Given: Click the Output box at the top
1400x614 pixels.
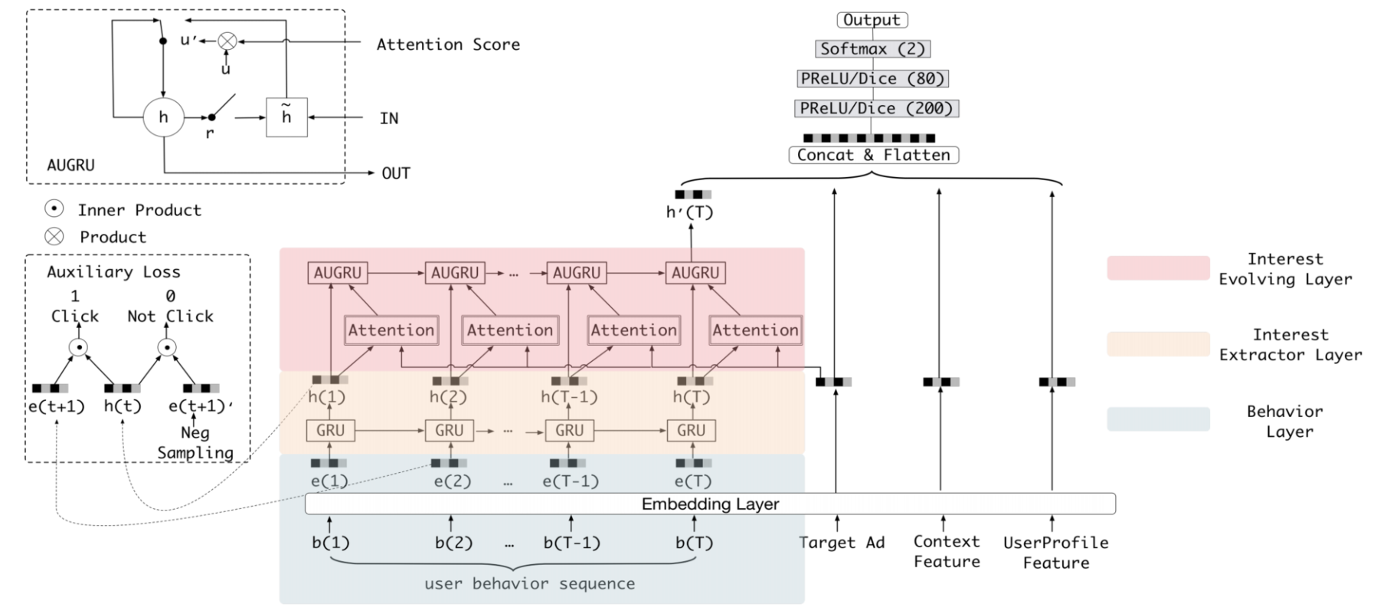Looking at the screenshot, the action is (872, 20).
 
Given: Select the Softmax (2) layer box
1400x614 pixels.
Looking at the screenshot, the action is (872, 49).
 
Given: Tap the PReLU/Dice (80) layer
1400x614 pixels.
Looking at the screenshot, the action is (872, 78).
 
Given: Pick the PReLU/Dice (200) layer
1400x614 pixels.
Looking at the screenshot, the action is (876, 108).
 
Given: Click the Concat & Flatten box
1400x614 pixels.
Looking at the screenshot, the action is (874, 155).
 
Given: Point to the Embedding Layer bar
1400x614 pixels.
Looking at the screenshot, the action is (710, 504).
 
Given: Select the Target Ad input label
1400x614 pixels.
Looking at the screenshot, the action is (842, 543).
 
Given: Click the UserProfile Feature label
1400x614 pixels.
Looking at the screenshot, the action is (1056, 552).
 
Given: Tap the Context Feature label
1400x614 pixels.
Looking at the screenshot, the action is (947, 551).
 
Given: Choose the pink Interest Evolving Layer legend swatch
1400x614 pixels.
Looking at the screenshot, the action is (1158, 268).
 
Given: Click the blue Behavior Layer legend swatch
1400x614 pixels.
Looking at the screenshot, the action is (1158, 419).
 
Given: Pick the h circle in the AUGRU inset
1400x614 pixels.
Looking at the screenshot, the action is (163, 117).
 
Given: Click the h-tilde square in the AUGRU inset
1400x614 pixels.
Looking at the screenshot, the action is (286, 117).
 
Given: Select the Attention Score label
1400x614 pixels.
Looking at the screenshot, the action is (448, 44).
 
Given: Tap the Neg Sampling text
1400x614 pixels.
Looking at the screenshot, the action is (195, 442).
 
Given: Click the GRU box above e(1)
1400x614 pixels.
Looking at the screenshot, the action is (330, 431).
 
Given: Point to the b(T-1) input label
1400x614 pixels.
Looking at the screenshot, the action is (571, 543).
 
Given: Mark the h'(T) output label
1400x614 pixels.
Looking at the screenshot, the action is (689, 212).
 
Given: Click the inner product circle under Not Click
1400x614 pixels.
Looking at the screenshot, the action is (167, 348).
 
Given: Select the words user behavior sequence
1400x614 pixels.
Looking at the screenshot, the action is (529, 583).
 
